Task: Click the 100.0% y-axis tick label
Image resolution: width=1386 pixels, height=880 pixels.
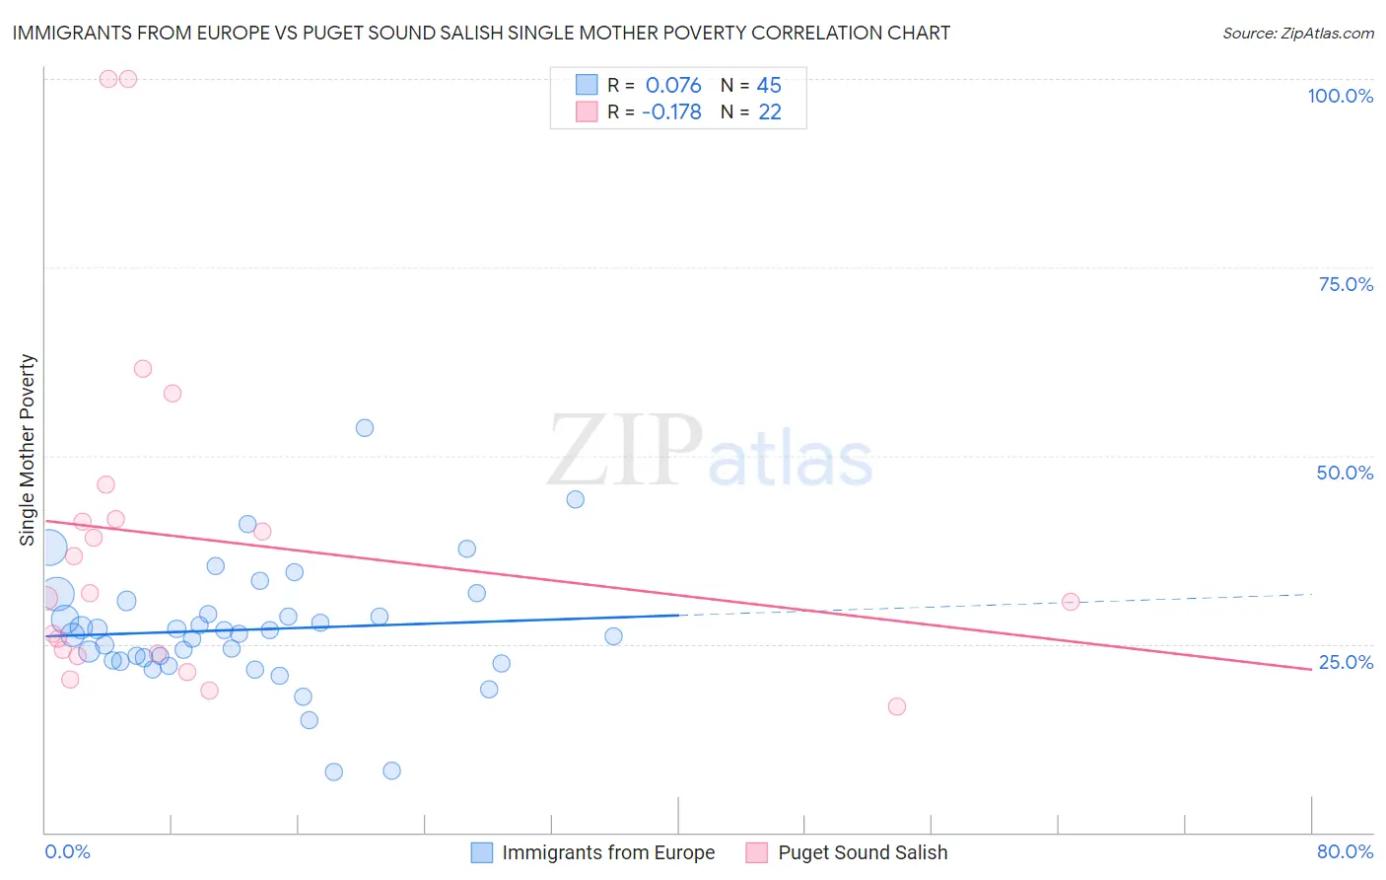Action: [1340, 96]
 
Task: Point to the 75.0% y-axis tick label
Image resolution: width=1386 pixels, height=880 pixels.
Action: [1346, 284]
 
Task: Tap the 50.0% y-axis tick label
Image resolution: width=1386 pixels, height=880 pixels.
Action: [1345, 473]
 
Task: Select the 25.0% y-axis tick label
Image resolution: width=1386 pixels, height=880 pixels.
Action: [1346, 662]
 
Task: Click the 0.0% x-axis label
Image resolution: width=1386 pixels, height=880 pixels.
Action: [67, 851]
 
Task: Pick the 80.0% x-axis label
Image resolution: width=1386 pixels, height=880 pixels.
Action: [1345, 851]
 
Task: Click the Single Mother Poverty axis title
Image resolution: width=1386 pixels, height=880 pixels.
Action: [28, 450]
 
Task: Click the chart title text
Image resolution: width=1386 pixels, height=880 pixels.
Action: [481, 33]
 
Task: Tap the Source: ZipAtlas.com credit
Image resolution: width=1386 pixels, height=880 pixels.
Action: [1297, 34]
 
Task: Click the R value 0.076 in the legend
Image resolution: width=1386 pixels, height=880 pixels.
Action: [673, 85]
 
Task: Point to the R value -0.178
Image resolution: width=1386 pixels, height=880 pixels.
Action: [671, 111]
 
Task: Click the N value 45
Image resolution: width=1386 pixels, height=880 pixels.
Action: [769, 85]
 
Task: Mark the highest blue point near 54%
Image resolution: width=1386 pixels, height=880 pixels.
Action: [365, 428]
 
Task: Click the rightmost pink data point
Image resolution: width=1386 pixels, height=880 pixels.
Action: [1071, 602]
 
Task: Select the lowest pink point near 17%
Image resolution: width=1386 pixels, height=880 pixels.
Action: [897, 706]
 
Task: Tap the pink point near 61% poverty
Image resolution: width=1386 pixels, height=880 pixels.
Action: [143, 369]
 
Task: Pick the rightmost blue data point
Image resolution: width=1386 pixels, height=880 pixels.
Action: [613, 636]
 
